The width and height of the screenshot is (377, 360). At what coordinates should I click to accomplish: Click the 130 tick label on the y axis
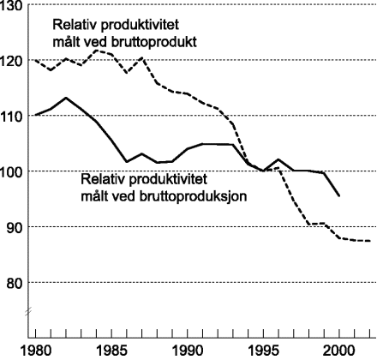click(12, 7)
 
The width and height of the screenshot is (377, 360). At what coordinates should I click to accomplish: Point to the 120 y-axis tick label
click(12, 61)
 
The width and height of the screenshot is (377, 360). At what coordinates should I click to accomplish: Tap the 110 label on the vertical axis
click(12, 116)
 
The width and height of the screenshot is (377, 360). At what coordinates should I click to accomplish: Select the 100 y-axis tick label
click(12, 171)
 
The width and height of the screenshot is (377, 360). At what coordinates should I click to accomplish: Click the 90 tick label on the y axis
click(15, 227)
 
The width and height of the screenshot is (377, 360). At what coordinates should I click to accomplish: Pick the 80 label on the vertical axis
click(15, 283)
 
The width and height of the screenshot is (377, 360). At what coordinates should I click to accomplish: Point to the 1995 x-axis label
click(261, 350)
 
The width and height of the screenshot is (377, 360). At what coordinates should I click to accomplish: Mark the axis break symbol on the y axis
click(31, 310)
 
